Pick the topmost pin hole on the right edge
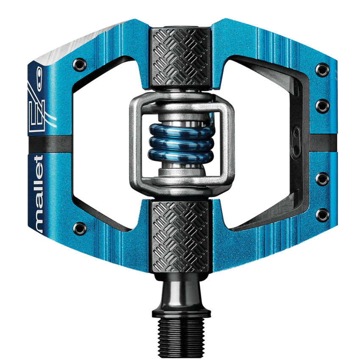323,68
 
